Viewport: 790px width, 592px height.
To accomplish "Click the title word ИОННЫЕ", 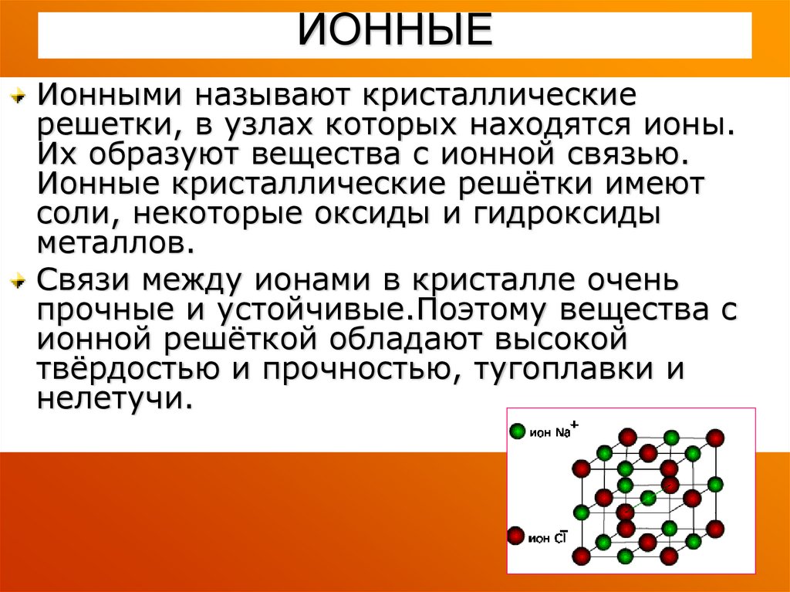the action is (395, 29).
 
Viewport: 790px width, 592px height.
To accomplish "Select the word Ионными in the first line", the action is (109, 95).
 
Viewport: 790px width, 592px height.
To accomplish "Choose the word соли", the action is (79, 215).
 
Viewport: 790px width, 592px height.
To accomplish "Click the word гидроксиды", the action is (567, 214).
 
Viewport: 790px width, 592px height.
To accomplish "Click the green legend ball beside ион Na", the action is (518, 431).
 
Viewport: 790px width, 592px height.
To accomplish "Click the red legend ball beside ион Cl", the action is (516, 536).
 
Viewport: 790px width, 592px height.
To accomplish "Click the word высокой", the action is (561, 339).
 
